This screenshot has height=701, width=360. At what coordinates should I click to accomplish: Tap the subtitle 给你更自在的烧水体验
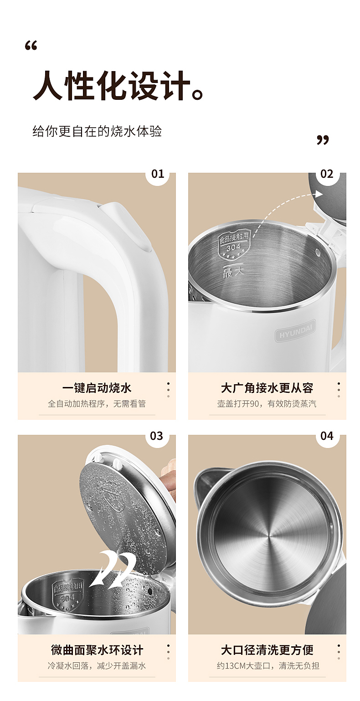97,131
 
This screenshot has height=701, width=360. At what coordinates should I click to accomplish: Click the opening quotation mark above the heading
31,46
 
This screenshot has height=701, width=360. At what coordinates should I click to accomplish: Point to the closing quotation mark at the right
323,140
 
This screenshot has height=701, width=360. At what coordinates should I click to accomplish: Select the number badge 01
157,174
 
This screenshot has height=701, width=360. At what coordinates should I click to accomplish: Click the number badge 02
327,174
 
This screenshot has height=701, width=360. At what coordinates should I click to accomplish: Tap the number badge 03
156,436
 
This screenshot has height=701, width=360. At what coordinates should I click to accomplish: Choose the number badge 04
327,436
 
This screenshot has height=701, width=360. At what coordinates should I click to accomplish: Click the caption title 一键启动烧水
97,388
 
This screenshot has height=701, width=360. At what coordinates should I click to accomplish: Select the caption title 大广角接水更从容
267,388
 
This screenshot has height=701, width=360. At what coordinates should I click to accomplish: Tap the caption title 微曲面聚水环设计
97,650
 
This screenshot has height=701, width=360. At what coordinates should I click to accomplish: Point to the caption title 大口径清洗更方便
267,650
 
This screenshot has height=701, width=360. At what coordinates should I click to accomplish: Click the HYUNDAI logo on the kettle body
296,331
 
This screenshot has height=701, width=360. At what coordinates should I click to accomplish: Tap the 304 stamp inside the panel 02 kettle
234,246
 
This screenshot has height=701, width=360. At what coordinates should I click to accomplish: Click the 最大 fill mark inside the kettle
233,272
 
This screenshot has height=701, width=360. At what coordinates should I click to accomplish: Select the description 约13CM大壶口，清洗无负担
268,665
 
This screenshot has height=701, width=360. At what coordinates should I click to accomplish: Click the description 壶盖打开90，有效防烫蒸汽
267,404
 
